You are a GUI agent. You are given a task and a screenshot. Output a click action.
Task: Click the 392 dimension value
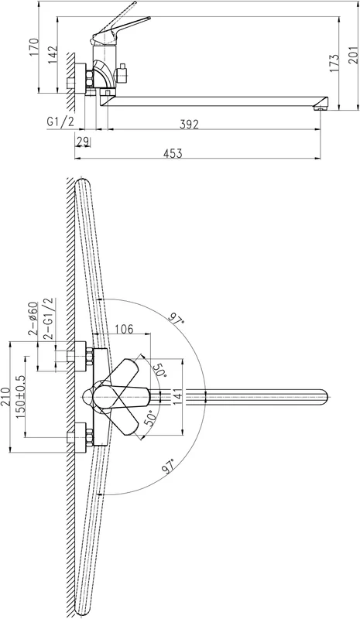[x=189, y=124]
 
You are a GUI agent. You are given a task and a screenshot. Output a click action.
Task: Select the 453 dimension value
[x=173, y=153]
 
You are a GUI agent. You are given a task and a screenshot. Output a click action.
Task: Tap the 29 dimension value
[x=83, y=142]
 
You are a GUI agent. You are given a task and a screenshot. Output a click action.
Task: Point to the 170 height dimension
[x=34, y=48]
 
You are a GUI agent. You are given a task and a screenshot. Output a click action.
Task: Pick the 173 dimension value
[x=334, y=63]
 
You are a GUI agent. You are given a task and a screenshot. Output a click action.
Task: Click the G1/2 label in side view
[x=60, y=121]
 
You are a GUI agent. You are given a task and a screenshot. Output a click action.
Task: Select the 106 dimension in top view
[x=124, y=329]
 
